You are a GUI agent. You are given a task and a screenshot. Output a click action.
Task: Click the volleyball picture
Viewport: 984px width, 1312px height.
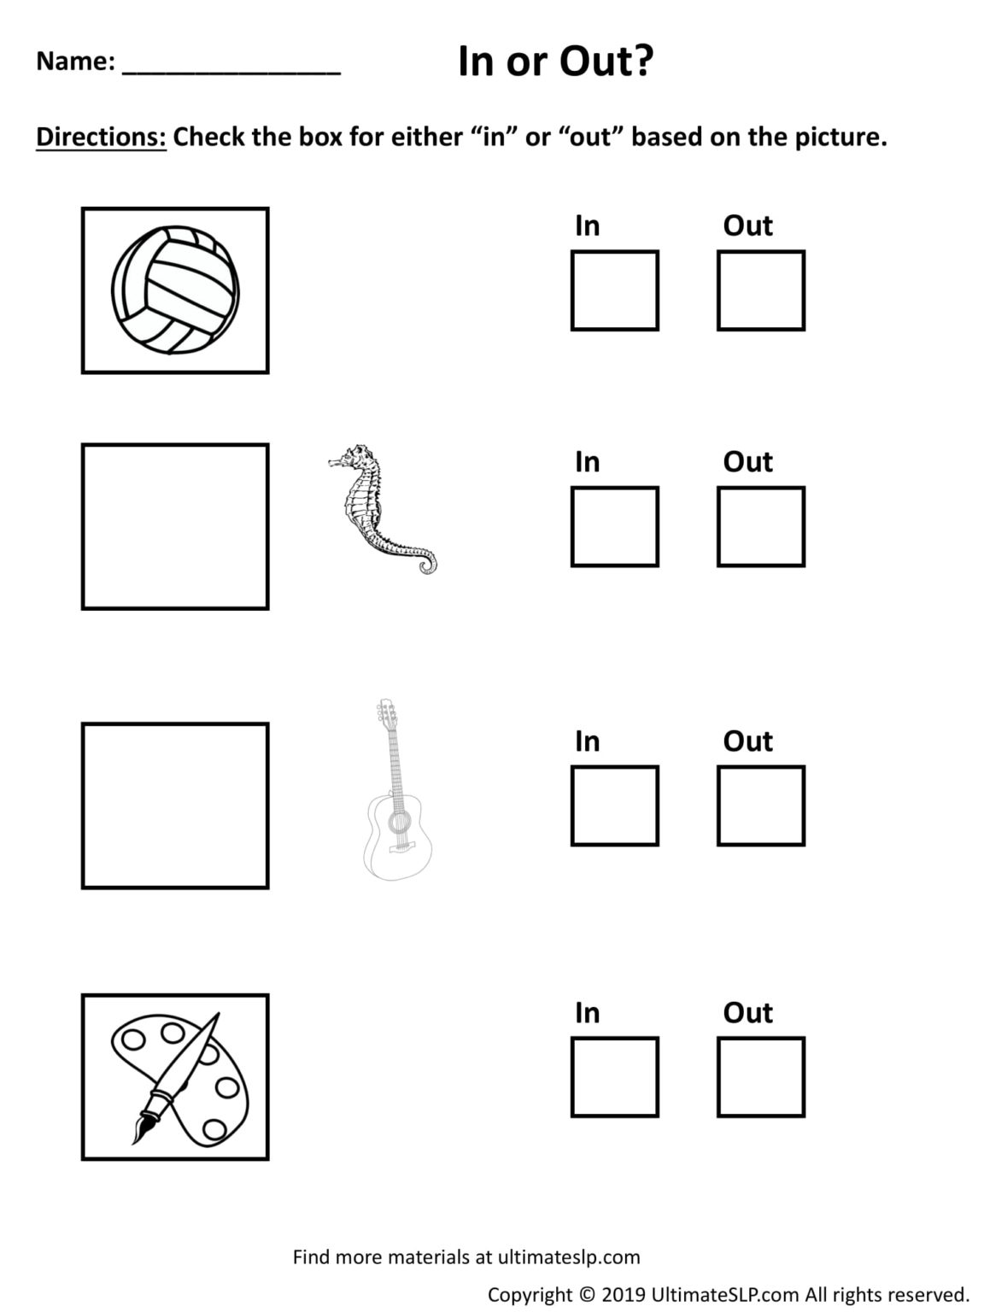(x=176, y=290)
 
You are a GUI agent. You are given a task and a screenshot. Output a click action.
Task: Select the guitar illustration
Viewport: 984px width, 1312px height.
(x=395, y=790)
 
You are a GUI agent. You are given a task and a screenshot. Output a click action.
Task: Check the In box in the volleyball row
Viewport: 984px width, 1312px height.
(x=614, y=290)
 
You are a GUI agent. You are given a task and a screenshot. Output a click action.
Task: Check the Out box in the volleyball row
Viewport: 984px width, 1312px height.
(x=760, y=290)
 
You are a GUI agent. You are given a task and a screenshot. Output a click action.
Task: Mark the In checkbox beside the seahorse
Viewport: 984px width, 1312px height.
(x=614, y=527)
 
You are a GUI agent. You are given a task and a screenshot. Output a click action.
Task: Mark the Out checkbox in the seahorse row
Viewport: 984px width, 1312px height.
(x=760, y=527)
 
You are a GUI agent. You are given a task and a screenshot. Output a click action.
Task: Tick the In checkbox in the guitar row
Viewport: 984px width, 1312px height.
(x=614, y=806)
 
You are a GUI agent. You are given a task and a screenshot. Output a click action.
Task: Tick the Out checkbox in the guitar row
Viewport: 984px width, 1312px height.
(x=760, y=806)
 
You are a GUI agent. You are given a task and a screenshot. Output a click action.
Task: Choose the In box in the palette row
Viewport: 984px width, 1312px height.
(x=614, y=1077)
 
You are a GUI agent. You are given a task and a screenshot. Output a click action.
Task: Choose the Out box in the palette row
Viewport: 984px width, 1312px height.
(x=760, y=1077)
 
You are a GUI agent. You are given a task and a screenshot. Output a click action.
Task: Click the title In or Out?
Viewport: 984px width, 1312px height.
(x=555, y=62)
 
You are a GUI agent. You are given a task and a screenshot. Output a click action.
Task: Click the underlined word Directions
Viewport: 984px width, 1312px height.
(x=101, y=137)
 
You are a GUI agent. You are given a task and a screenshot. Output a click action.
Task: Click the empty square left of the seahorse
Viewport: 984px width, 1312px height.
(x=175, y=527)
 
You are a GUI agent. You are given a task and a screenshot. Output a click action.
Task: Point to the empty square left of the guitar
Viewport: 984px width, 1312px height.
(x=175, y=806)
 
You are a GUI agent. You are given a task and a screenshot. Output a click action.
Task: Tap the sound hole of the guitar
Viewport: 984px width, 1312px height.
(x=398, y=822)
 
